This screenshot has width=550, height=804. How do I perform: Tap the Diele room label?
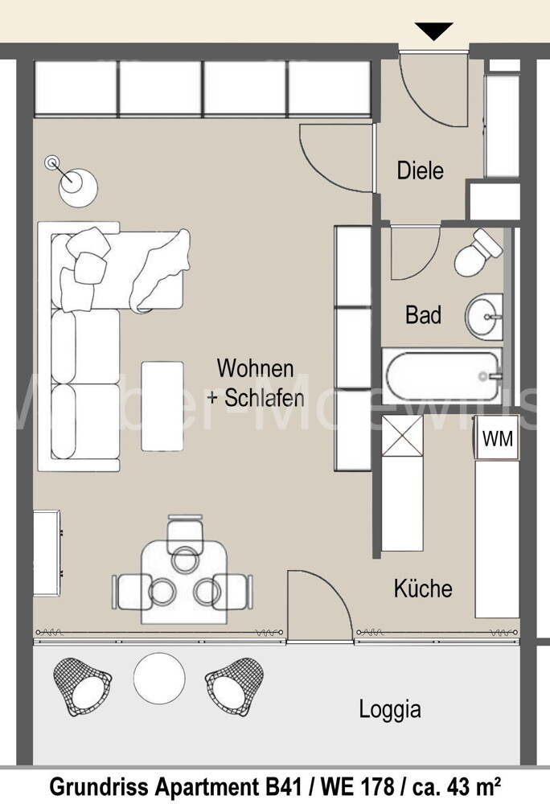tap(420, 170)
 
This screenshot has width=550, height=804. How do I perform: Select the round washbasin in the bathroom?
tap(484, 316)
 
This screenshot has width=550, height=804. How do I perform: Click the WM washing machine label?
tap(497, 439)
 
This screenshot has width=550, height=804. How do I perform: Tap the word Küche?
tap(423, 589)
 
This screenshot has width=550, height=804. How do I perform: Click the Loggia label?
tap(389, 709)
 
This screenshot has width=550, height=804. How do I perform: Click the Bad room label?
tap(423, 314)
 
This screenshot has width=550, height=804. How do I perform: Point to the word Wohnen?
tap(255, 369)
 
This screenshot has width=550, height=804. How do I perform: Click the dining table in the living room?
tap(183, 580)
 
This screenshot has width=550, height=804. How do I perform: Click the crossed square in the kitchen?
tap(401, 435)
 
